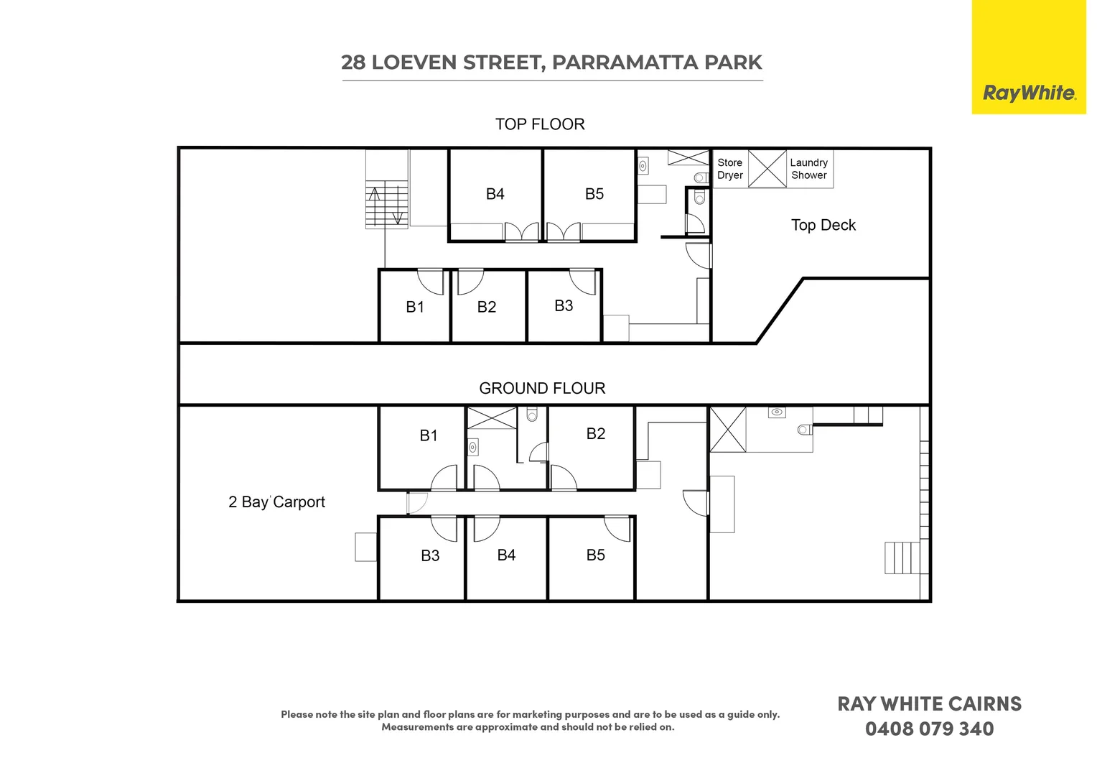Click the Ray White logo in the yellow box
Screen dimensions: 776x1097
(x=1028, y=93)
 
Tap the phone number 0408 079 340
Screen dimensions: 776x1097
(x=929, y=729)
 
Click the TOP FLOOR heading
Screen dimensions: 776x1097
(x=540, y=124)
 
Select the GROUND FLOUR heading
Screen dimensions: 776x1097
(x=542, y=388)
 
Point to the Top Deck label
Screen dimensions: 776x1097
(x=823, y=225)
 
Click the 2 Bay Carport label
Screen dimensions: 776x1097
(x=276, y=502)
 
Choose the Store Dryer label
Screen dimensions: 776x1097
(x=729, y=169)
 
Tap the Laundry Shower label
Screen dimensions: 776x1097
(x=808, y=169)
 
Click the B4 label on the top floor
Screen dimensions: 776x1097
(x=495, y=194)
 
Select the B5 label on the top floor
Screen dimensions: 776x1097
(x=594, y=194)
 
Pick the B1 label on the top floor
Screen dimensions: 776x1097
(x=415, y=307)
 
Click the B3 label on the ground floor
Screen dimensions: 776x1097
(x=430, y=555)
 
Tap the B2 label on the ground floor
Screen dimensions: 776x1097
(x=595, y=433)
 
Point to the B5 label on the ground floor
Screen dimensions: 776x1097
(x=595, y=555)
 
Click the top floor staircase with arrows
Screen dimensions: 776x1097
(x=387, y=205)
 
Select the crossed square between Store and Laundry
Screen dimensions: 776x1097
(x=767, y=169)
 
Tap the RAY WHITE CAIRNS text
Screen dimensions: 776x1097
(x=929, y=704)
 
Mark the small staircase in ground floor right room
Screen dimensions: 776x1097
(x=902, y=558)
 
